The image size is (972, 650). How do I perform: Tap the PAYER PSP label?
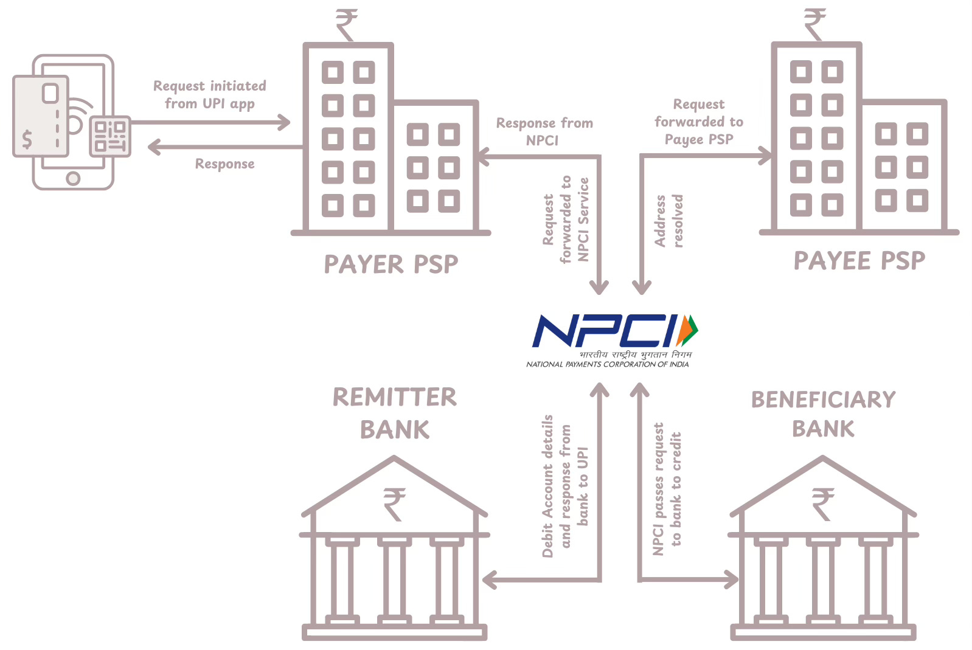[x=391, y=264]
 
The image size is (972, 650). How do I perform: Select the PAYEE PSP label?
[x=859, y=261]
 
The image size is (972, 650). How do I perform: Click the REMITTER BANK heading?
[x=394, y=413]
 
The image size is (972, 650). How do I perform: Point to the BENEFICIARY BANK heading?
[x=823, y=414]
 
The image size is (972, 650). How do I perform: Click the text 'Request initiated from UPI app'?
[x=209, y=95]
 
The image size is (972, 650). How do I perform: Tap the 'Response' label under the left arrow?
[x=224, y=164]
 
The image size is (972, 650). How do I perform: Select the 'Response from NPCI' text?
[x=544, y=131]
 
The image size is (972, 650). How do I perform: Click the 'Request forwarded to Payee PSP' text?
[x=699, y=122]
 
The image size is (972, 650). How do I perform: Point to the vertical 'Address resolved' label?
[x=668, y=221]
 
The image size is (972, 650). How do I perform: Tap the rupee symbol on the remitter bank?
[x=394, y=504]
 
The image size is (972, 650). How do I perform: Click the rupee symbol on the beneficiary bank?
[x=823, y=504]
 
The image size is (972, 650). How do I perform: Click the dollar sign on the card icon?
[x=27, y=139]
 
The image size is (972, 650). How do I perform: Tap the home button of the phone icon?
[x=73, y=179]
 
